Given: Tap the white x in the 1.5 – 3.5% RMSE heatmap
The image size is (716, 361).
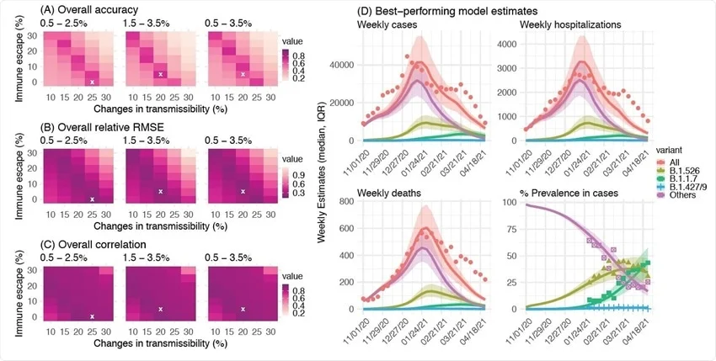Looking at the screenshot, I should click(160, 191).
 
